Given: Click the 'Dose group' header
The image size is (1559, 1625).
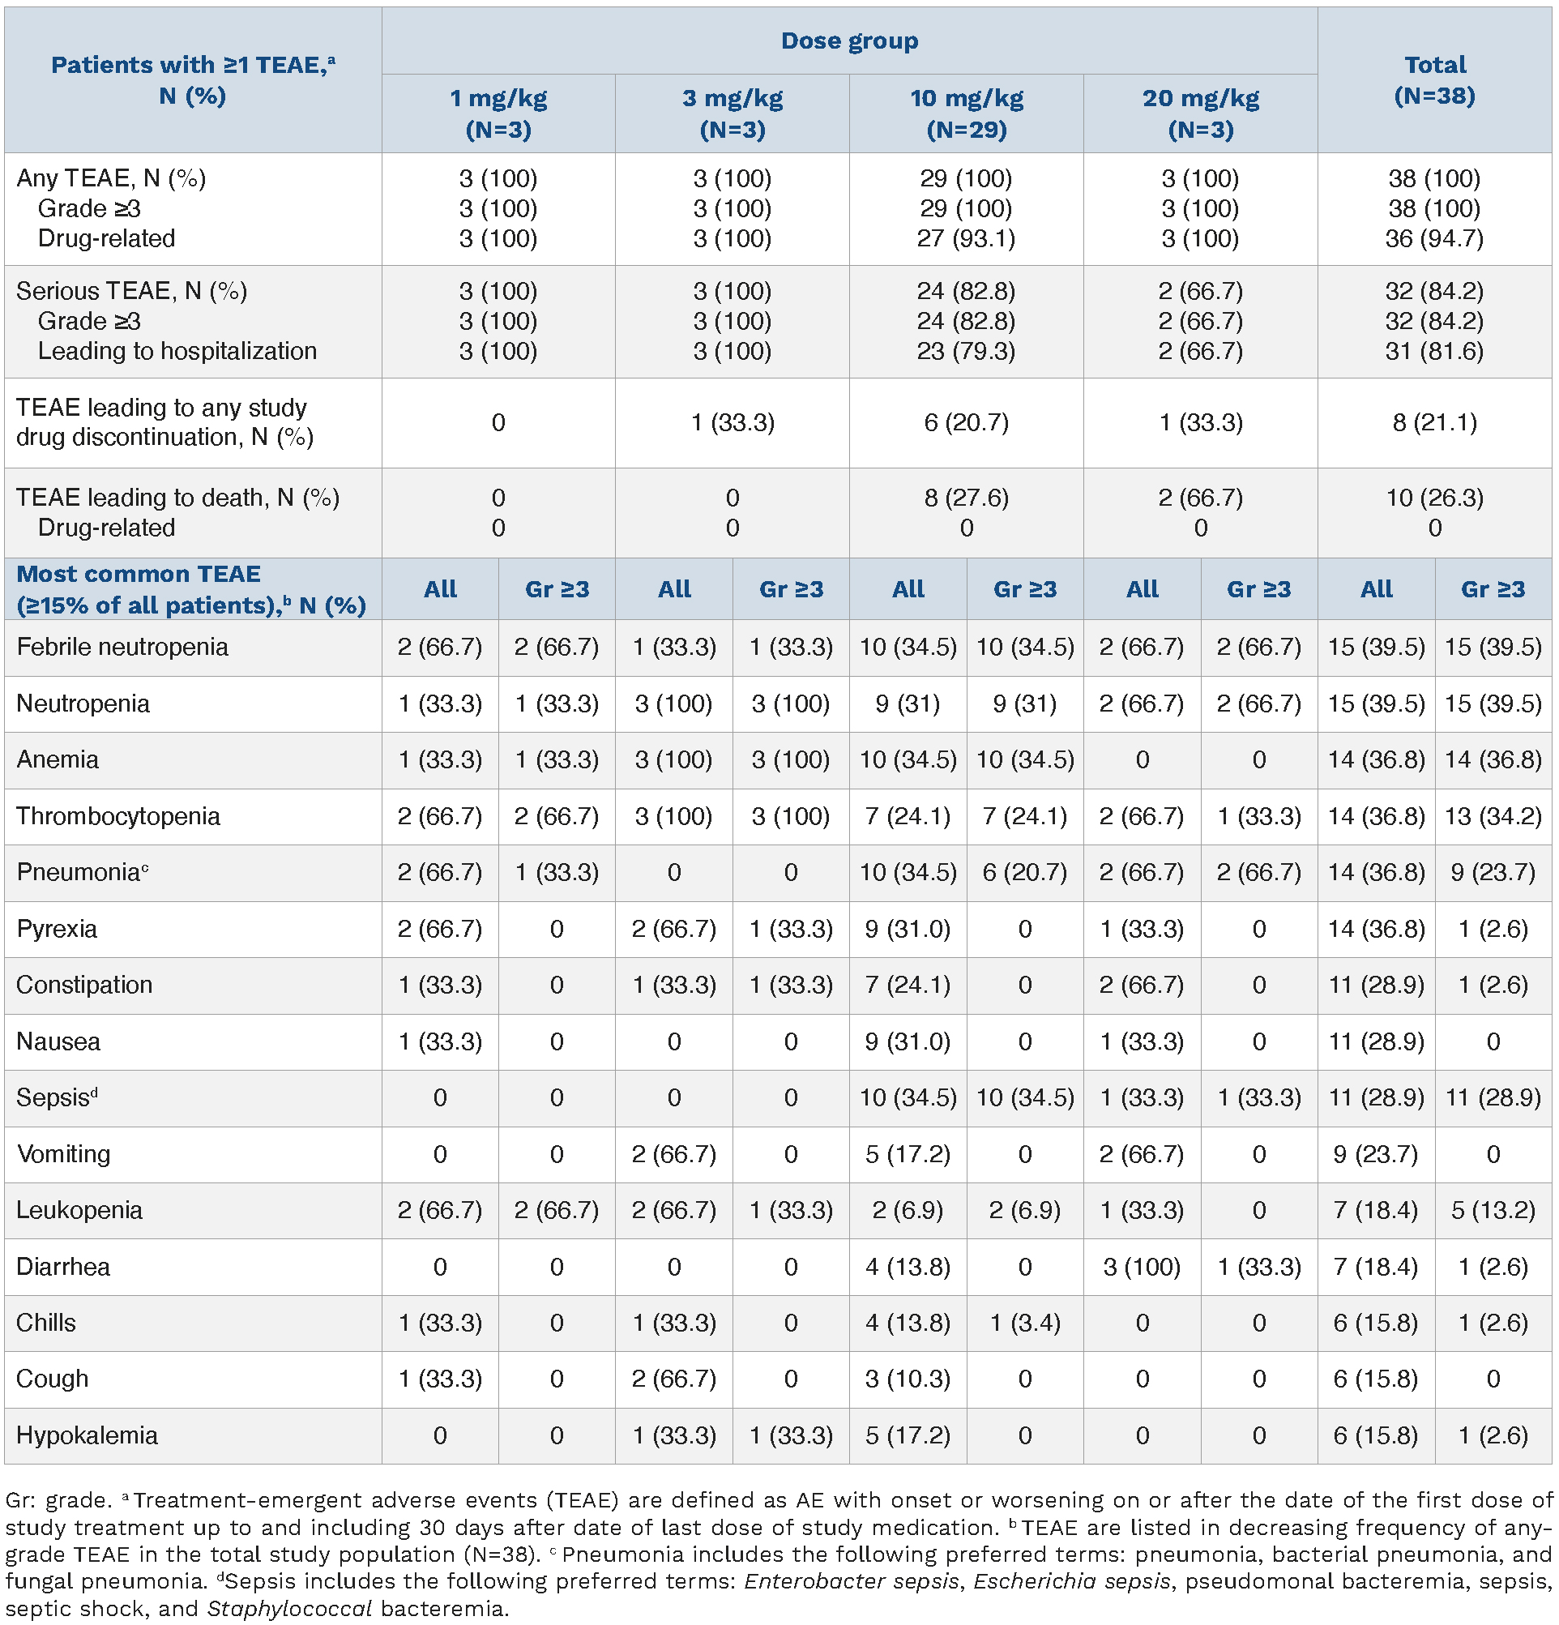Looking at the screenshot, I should [848, 41].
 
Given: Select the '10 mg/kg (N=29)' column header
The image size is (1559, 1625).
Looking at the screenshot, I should [967, 113].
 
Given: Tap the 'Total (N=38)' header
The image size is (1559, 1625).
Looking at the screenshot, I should [1435, 80].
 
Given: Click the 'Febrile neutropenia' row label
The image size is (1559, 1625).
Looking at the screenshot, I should [122, 647].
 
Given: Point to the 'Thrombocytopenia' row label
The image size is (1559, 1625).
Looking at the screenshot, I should [117, 816].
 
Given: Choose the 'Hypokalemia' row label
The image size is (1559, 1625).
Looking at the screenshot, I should [87, 1435].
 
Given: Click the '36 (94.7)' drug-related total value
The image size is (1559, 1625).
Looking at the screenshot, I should [1434, 239].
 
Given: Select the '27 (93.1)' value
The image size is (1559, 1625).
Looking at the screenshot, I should [966, 239].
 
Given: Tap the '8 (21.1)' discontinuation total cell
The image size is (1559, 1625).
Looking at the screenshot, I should [1434, 423].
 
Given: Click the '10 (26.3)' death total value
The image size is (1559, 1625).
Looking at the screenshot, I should [1434, 498].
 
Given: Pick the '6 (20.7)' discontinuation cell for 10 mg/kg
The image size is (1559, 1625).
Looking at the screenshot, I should [966, 423].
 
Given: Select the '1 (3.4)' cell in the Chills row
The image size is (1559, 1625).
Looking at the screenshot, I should [1024, 1323].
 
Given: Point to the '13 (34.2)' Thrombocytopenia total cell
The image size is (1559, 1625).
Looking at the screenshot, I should [1493, 816].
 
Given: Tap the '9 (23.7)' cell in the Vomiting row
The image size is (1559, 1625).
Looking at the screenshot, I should [1376, 1154].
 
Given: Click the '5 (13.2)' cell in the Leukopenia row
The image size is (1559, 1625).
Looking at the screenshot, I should [1493, 1211].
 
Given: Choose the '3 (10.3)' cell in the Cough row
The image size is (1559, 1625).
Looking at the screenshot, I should [907, 1379].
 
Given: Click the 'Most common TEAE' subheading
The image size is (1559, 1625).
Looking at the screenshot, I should [139, 574].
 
